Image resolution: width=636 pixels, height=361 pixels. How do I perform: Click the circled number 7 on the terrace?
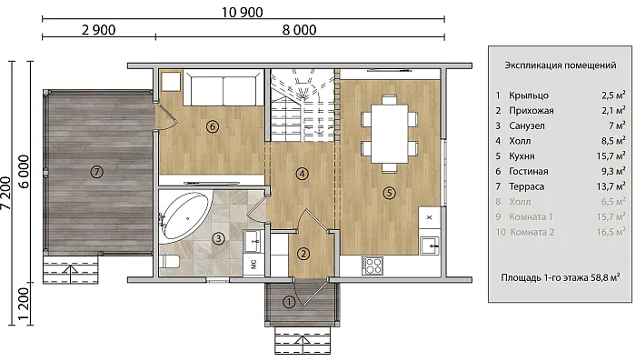pos(96,172)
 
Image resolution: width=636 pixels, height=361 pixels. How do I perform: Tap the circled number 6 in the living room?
pos(212,126)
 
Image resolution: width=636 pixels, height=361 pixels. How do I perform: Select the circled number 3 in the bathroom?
pos(219,238)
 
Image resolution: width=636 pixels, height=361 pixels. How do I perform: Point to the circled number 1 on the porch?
pos(289,302)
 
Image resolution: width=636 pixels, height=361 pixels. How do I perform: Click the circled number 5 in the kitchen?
pos(390,193)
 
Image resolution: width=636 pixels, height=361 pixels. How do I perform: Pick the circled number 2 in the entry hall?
pos(303,255)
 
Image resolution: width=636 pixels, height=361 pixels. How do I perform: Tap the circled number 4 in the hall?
pos(303,174)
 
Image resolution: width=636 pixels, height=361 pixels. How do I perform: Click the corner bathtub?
pos(185,216)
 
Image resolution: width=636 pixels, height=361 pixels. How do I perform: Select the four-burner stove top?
pos(373,266)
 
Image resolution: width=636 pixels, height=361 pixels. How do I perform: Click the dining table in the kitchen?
pos(390,133)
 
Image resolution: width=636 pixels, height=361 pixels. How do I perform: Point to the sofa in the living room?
pos(224,87)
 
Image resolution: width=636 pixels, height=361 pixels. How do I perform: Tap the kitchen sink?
pos(429,246)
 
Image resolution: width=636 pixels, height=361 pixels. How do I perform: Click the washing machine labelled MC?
pos(254,265)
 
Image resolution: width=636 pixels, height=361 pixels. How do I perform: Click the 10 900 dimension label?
pos(243,12)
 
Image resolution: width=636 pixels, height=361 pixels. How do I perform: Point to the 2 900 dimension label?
pos(98,30)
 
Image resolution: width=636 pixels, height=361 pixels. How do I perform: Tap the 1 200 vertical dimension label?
pos(24,304)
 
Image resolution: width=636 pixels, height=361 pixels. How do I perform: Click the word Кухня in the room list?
pos(522,156)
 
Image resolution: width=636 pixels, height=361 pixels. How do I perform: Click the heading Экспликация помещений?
pos(561,65)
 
